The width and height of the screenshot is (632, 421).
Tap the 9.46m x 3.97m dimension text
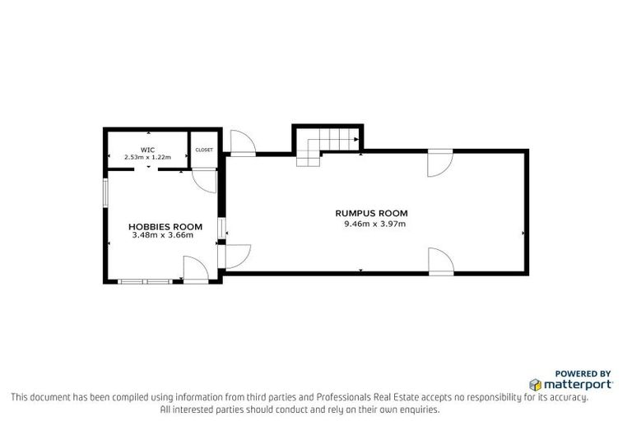[x=374, y=223]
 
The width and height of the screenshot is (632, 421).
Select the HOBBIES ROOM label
[x=165, y=226]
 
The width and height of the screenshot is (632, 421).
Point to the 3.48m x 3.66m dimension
[x=162, y=235]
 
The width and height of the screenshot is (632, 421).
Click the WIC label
[x=147, y=150]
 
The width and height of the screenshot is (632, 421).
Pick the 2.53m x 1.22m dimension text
[x=147, y=157]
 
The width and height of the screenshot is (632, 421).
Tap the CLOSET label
[x=203, y=150]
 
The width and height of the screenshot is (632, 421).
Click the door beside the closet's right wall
[x=242, y=143]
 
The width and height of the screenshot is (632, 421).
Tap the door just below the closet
[x=204, y=180]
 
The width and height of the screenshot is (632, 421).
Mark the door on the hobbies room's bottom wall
[x=194, y=269]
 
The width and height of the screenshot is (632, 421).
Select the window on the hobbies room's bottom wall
[x=146, y=281]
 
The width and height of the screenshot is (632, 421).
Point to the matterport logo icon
[x=535, y=384]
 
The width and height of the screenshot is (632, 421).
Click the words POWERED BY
[x=583, y=372]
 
